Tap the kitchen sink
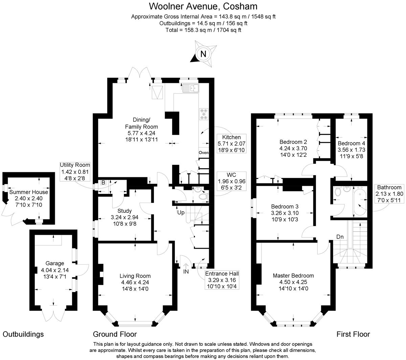pos(191,88)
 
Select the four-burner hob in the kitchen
pos(204,114)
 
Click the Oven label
pos(203,153)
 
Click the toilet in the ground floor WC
pos(203,197)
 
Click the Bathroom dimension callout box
pos(389,194)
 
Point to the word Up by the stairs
pos(181,213)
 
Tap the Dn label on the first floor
pos(340,237)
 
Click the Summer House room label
pos(28,192)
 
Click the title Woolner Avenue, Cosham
pos(203,6)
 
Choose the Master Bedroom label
pos(293,276)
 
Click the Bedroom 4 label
pos(351,143)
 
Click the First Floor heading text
pos(353,334)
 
